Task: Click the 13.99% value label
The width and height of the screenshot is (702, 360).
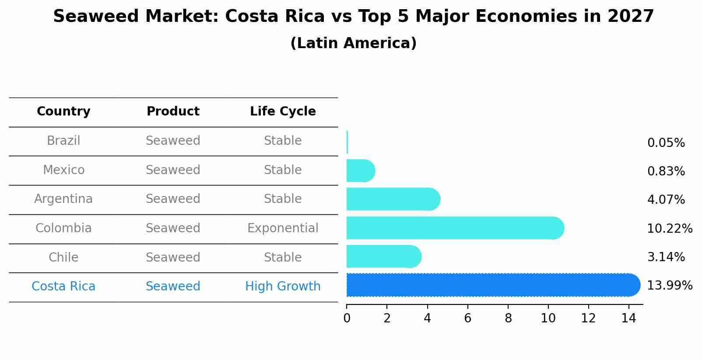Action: pyautogui.click(x=669, y=286)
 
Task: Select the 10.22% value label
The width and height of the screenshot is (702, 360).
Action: pyautogui.click(x=669, y=229)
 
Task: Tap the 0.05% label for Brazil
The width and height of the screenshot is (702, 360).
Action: pyautogui.click(x=666, y=143)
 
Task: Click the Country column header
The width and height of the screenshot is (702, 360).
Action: pyautogui.click(x=63, y=112)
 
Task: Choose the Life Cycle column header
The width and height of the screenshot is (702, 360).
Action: pyautogui.click(x=283, y=112)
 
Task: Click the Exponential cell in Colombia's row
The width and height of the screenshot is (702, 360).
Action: pyautogui.click(x=283, y=228)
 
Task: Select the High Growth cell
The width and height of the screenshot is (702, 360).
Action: pyautogui.click(x=283, y=287)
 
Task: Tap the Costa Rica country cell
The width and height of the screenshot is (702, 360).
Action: pyautogui.click(x=63, y=287)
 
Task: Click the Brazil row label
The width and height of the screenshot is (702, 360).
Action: pyautogui.click(x=63, y=141)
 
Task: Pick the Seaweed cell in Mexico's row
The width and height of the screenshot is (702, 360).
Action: pyautogui.click(x=173, y=170)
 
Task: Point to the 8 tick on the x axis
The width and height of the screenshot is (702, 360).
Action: pyautogui.click(x=508, y=318)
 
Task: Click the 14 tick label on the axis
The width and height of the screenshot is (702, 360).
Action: pyautogui.click(x=628, y=318)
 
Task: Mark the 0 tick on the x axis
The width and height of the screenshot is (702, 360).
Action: pyautogui.click(x=347, y=318)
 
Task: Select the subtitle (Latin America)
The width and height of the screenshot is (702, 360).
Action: pyautogui.click(x=353, y=43)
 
